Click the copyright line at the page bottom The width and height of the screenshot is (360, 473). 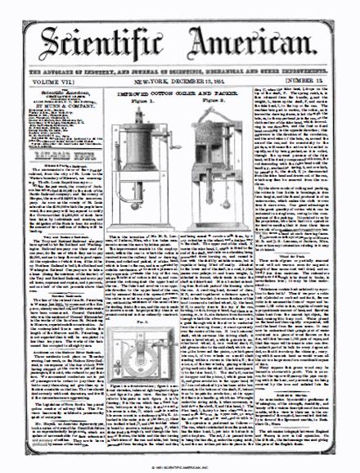click(x=179, y=466)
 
